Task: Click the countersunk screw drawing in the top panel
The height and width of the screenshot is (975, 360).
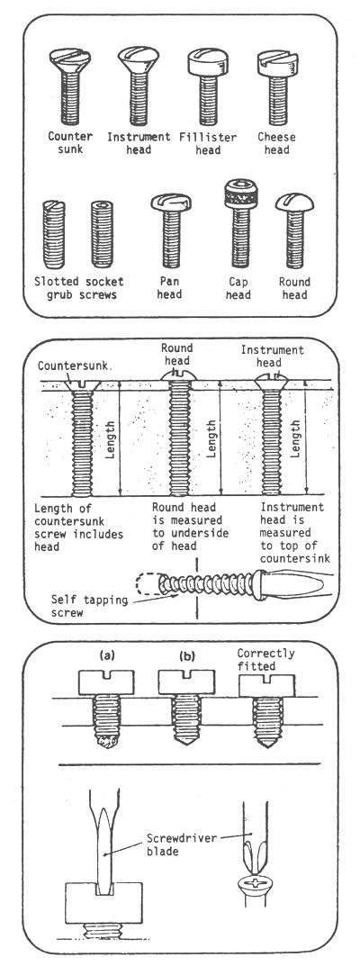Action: coord(68,86)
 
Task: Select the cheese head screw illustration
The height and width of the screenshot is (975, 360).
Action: coord(277,86)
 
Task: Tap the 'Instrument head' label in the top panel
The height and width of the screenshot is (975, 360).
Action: coord(140,144)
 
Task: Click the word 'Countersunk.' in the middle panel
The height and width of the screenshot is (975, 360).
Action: coord(71,366)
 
